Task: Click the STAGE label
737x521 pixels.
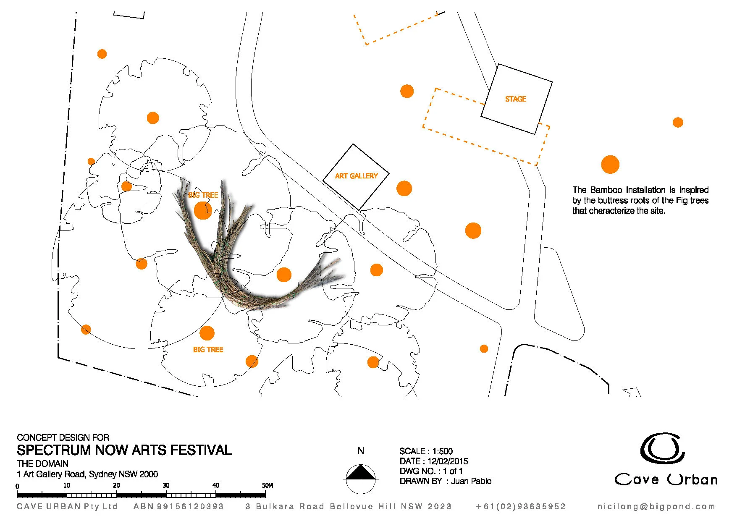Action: (515, 99)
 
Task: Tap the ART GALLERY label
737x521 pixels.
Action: (356, 176)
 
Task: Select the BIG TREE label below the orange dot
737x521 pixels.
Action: (208, 349)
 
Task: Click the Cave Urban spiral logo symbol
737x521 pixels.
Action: (662, 448)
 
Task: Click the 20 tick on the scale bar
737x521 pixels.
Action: (116, 486)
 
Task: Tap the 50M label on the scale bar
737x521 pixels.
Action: (268, 485)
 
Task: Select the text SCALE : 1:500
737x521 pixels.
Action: (426, 451)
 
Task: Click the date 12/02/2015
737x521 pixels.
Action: (448, 461)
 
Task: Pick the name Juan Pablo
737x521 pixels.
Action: (471, 481)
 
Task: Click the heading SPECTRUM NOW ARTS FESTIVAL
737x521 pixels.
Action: (124, 450)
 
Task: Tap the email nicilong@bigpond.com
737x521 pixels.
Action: (656, 507)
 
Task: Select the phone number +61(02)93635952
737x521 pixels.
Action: (521, 507)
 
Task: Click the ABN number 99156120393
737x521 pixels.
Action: (190, 507)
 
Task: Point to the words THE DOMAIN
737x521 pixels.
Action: (42, 463)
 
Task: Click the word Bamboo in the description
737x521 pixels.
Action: (606, 190)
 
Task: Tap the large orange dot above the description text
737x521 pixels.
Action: (610, 165)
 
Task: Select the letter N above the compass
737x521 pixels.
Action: (361, 451)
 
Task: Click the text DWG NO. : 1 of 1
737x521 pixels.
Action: (431, 471)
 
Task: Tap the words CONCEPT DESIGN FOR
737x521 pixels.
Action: (63, 437)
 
